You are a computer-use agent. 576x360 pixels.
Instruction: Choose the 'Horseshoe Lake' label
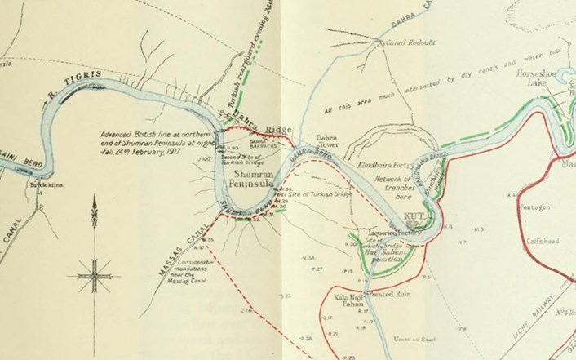tap(536, 78)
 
